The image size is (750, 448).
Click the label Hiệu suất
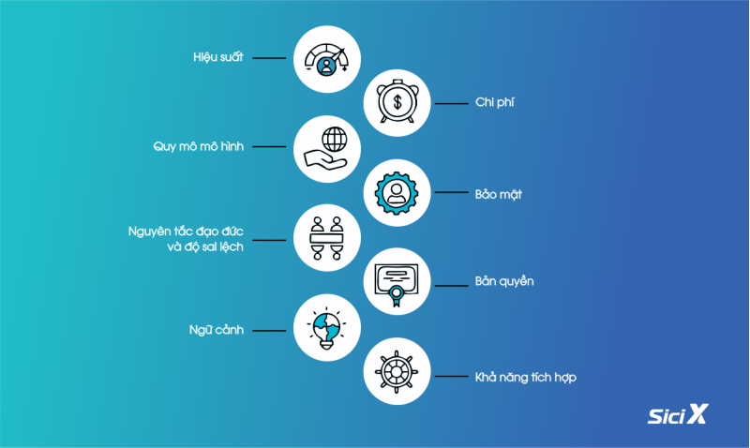pyautogui.click(x=218, y=57)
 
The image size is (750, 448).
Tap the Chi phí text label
pyautogui.click(x=495, y=102)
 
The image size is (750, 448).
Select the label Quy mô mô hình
pyautogui.click(x=198, y=146)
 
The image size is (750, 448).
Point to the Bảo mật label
pyautogui.click(x=498, y=194)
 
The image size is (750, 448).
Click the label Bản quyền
pyautogui.click(x=504, y=281)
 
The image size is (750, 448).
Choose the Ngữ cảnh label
pyautogui.click(x=217, y=330)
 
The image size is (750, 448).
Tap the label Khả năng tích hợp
pyautogui.click(x=525, y=377)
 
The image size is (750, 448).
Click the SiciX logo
pyautogui.click(x=678, y=414)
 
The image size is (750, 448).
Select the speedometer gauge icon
pyautogui.click(x=326, y=59)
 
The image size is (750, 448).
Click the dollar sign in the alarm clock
pyautogui.click(x=397, y=102)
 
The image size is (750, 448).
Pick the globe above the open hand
pyautogui.click(x=335, y=139)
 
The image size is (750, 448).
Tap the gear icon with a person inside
pyautogui.click(x=397, y=193)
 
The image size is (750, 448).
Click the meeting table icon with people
pyautogui.click(x=326, y=238)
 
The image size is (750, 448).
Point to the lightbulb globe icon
pyautogui.click(x=326, y=328)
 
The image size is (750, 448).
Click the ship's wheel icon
pyautogui.click(x=397, y=371)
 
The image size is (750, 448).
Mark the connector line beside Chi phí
pyautogui.click(x=451, y=103)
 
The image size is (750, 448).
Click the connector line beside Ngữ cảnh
pyautogui.click(x=269, y=331)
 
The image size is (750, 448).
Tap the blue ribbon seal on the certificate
pyautogui.click(x=396, y=294)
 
